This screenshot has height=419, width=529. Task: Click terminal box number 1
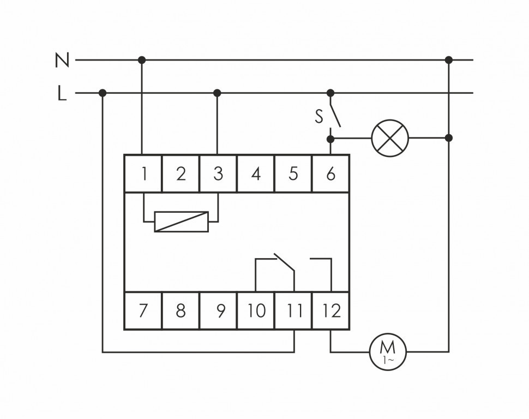tap(143, 173)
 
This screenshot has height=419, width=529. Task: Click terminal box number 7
tap(143, 311)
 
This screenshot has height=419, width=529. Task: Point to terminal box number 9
tap(218, 311)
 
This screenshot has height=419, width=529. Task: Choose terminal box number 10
tap(256, 311)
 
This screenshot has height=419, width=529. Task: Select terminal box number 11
tap(293, 311)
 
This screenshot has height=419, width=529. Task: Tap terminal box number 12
tap(330, 311)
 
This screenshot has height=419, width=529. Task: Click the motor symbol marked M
tap(388, 351)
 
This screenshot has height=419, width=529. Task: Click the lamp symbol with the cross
tap(390, 137)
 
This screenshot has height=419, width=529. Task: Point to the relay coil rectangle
tap(182, 222)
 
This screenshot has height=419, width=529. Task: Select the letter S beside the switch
tap(318, 116)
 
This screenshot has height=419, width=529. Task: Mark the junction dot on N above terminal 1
tap(142, 59)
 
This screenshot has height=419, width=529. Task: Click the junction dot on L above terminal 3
tap(217, 93)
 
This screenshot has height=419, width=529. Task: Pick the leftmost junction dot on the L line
tap(103, 93)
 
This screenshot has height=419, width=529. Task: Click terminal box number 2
tap(181, 173)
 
